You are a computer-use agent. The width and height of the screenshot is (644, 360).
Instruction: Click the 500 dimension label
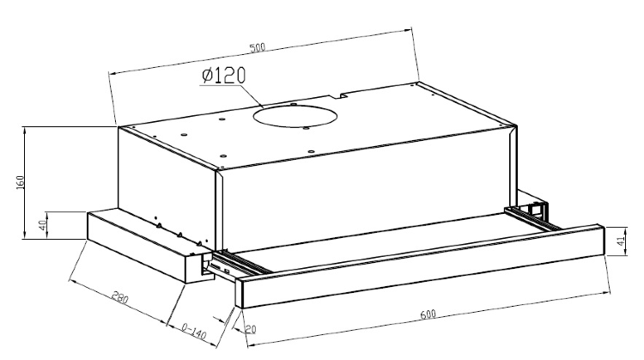(258, 47)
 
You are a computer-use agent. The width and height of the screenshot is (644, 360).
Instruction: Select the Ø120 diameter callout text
(224, 76)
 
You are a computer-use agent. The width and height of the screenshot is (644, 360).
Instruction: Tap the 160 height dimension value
(20, 182)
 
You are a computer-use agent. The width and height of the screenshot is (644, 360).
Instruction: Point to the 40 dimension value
(42, 225)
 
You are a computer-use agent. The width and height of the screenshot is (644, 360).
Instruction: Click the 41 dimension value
(622, 240)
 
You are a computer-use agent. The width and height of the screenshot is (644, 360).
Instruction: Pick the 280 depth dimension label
(120, 297)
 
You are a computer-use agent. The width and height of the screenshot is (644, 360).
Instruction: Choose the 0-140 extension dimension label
(193, 331)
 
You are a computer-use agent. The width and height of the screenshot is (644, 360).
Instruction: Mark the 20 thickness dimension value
(250, 329)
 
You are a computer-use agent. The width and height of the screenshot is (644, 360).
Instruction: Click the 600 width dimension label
(428, 314)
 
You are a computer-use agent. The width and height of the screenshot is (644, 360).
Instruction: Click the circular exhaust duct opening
(295, 116)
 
